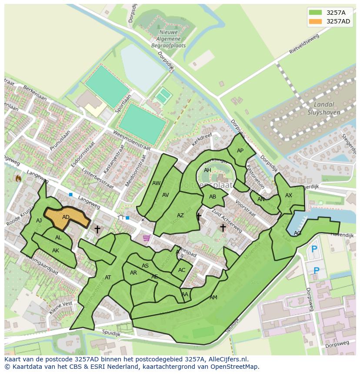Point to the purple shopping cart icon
pyautogui.click(x=147, y=238)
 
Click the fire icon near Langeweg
pyautogui.click(x=18, y=178)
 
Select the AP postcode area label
pyautogui.click(x=240, y=151)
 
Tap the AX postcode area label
pyautogui.click(x=289, y=195)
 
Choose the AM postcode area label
pyautogui.click(x=213, y=298)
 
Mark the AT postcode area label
pyautogui.click(x=108, y=278)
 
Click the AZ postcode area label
pyautogui.click(x=180, y=215)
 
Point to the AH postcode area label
pyautogui.click(x=207, y=170)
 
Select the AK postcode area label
pyautogui.click(x=55, y=251)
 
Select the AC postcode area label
pyautogui.click(x=182, y=270)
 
